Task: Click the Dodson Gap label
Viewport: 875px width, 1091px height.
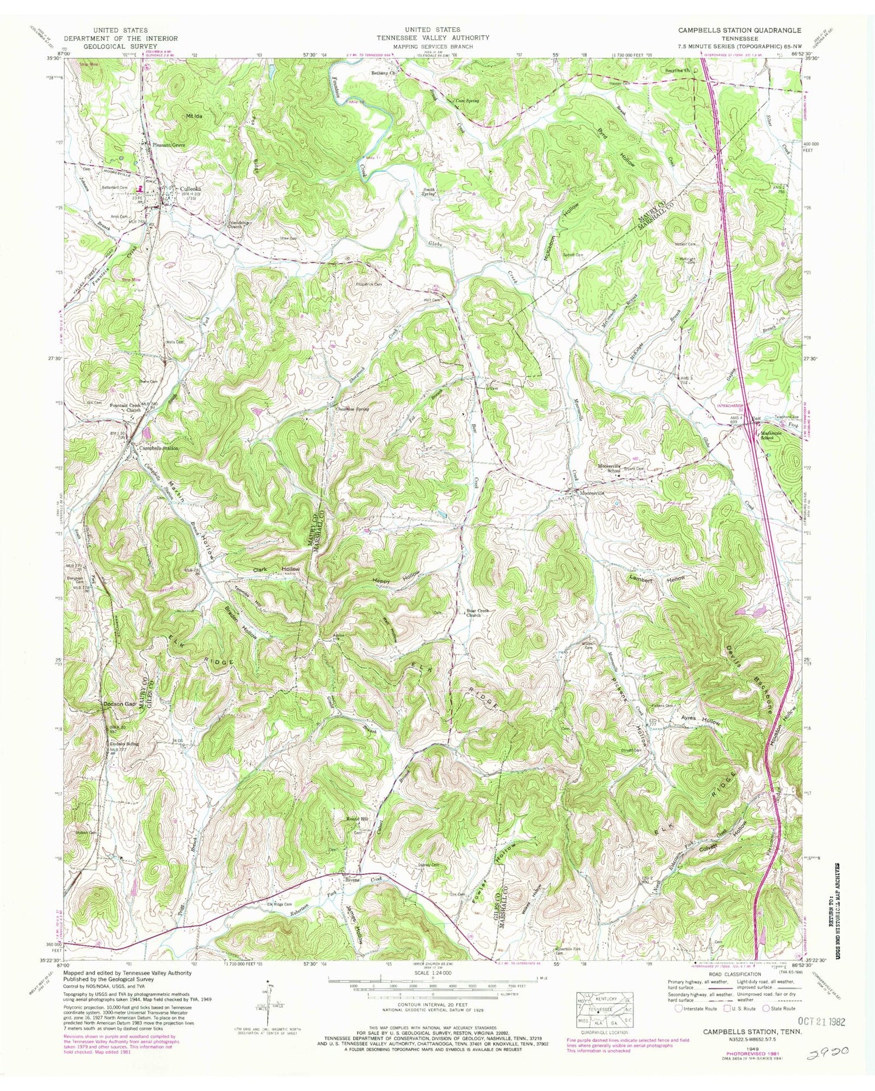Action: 120,704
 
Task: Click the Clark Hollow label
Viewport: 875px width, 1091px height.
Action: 276,569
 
